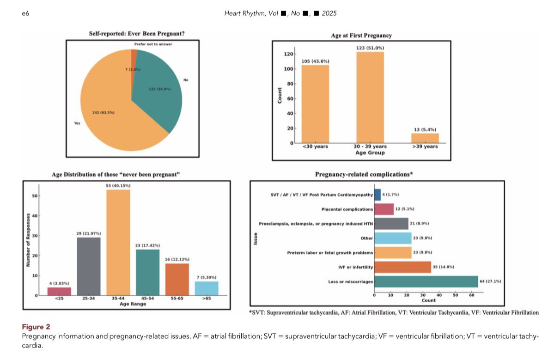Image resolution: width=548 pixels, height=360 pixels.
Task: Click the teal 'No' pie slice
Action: click(159, 92)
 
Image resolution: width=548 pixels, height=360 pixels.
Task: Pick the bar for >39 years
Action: click(425, 138)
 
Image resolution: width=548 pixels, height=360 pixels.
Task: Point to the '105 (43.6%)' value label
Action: click(315, 61)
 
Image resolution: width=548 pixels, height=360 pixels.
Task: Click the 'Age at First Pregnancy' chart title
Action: click(361, 35)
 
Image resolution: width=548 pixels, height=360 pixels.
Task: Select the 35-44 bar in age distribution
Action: click(118, 243)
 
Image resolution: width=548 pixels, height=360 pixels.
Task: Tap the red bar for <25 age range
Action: click(59, 292)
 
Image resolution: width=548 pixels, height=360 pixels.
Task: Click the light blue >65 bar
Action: click(206, 288)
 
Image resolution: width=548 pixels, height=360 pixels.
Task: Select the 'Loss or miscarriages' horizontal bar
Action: click(426, 281)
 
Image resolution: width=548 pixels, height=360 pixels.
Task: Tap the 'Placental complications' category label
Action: click(347, 209)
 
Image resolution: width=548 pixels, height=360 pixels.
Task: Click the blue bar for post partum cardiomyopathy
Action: click(378, 195)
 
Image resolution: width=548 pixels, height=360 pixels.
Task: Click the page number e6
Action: click(25, 13)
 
